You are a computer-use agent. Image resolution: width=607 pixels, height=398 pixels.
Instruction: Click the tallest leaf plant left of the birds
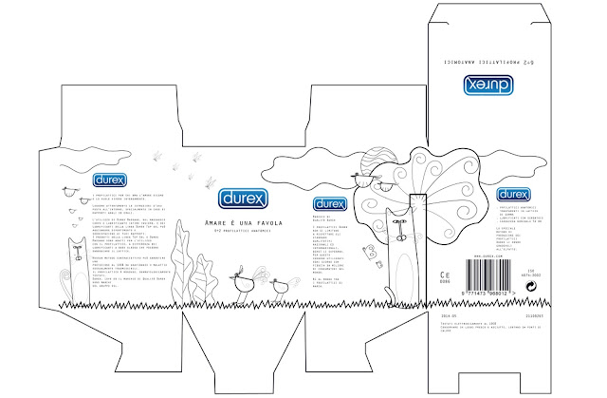point(199,275)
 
